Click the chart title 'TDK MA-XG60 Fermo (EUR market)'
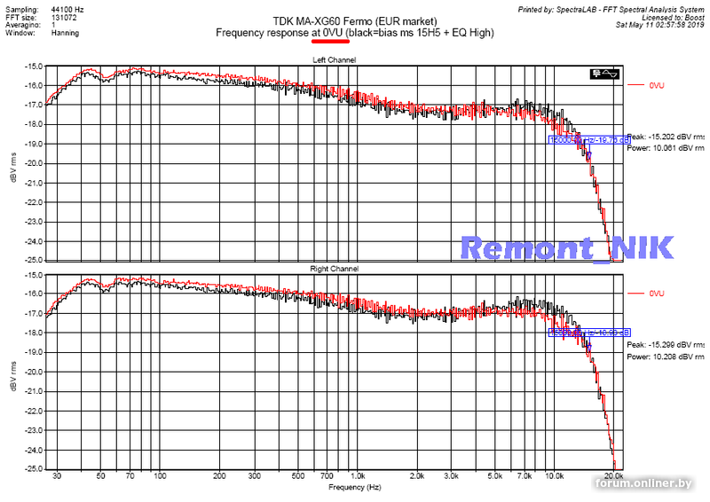[355, 20]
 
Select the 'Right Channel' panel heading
[334, 268]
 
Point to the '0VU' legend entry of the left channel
[657, 85]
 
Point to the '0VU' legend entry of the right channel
[657, 293]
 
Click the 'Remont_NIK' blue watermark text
[569, 247]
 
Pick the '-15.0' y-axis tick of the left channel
[34, 66]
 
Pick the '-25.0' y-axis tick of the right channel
[34, 468]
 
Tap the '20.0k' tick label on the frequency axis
[611, 477]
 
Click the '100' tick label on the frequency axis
[160, 477]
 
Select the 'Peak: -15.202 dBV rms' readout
[667, 137]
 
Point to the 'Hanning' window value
[65, 33]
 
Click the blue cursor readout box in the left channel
[588, 139]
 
